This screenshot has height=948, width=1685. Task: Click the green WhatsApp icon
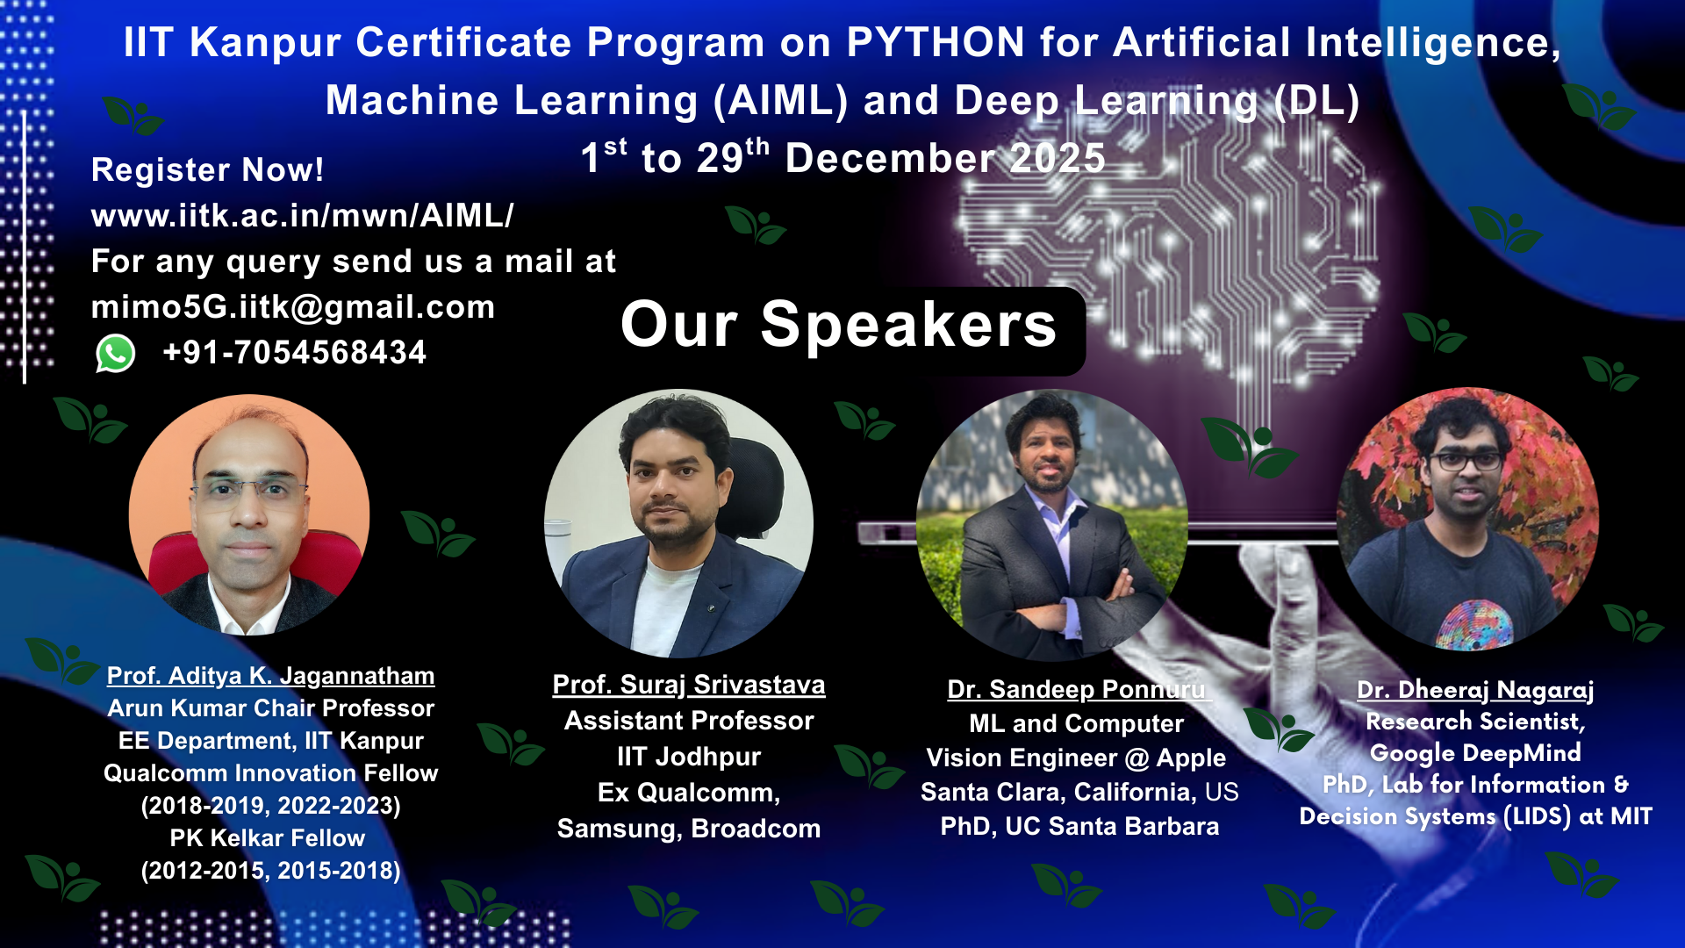(x=115, y=354)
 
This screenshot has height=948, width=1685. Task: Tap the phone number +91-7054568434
(x=295, y=353)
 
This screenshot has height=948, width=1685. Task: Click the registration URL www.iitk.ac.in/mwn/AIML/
(x=303, y=215)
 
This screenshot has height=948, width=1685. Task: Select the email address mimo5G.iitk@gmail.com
(x=293, y=307)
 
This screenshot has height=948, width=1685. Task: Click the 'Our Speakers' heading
(x=839, y=325)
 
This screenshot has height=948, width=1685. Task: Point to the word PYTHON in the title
(x=936, y=42)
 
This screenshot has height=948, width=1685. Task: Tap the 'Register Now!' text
(x=208, y=169)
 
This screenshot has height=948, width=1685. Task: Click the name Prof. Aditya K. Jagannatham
(x=271, y=676)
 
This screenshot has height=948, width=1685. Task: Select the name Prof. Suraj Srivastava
(x=689, y=685)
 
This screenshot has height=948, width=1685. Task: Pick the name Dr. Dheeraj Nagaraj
(x=1475, y=690)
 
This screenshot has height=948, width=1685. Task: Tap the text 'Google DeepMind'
(x=1475, y=753)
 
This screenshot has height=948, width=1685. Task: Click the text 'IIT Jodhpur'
(x=689, y=757)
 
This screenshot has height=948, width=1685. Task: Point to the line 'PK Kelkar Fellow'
(x=268, y=838)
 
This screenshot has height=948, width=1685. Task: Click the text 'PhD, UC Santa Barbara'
(x=1079, y=827)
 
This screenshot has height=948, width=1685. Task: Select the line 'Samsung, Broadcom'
(x=689, y=829)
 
